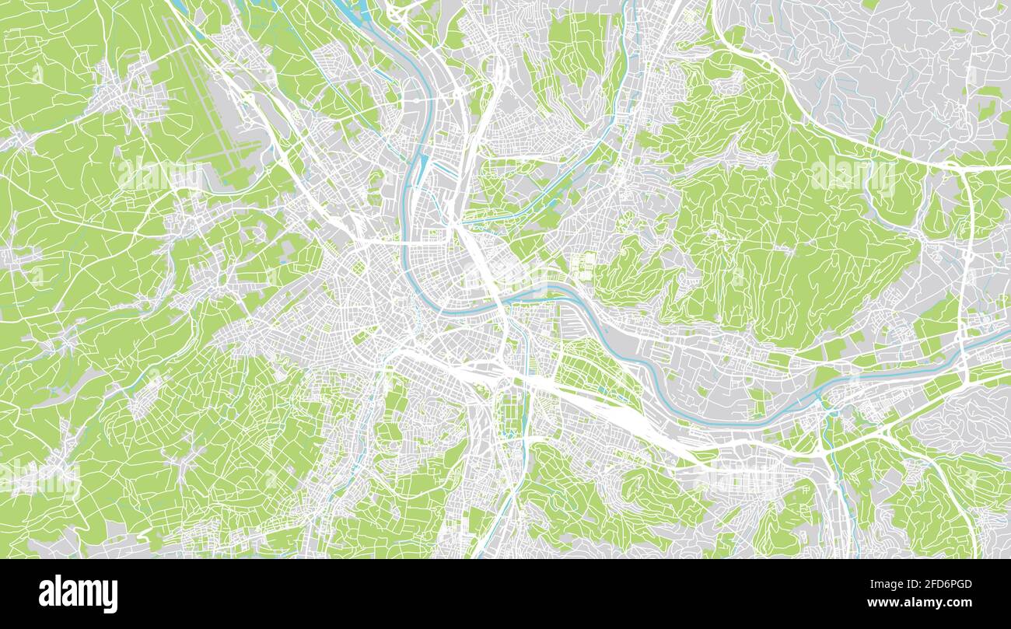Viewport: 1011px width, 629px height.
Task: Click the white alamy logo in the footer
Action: click(x=78, y=594)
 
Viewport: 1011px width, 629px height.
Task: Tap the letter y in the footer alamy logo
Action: click(x=110, y=596)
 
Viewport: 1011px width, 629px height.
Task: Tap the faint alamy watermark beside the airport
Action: click(x=159, y=175)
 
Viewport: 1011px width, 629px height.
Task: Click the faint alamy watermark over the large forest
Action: click(x=853, y=175)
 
